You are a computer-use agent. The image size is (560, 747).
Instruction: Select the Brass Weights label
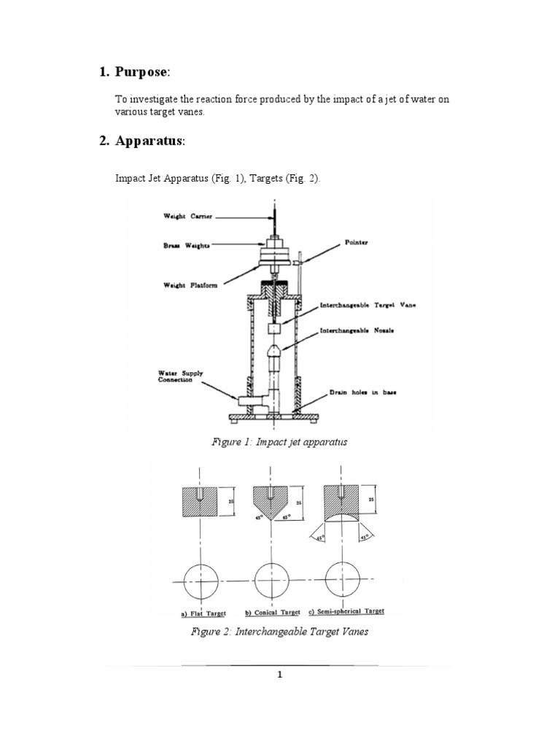[x=187, y=247]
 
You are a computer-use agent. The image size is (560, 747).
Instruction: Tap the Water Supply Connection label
[x=182, y=379]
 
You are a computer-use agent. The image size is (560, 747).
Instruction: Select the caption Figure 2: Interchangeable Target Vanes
[x=280, y=632]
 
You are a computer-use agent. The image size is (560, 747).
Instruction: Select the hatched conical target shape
[x=271, y=503]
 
